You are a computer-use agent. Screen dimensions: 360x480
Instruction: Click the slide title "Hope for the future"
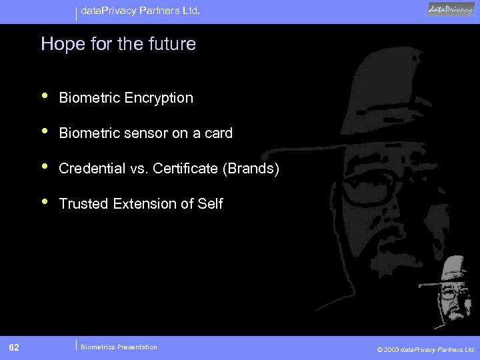(118, 45)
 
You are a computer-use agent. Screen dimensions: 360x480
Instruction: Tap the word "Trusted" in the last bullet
(83, 204)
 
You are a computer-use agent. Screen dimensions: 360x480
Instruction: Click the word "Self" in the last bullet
(210, 204)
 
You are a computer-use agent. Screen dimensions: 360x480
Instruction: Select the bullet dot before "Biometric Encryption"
(45, 97)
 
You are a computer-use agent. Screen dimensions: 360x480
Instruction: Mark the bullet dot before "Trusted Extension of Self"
(45, 203)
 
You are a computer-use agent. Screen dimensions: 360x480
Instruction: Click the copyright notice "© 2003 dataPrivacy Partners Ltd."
(426, 349)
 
